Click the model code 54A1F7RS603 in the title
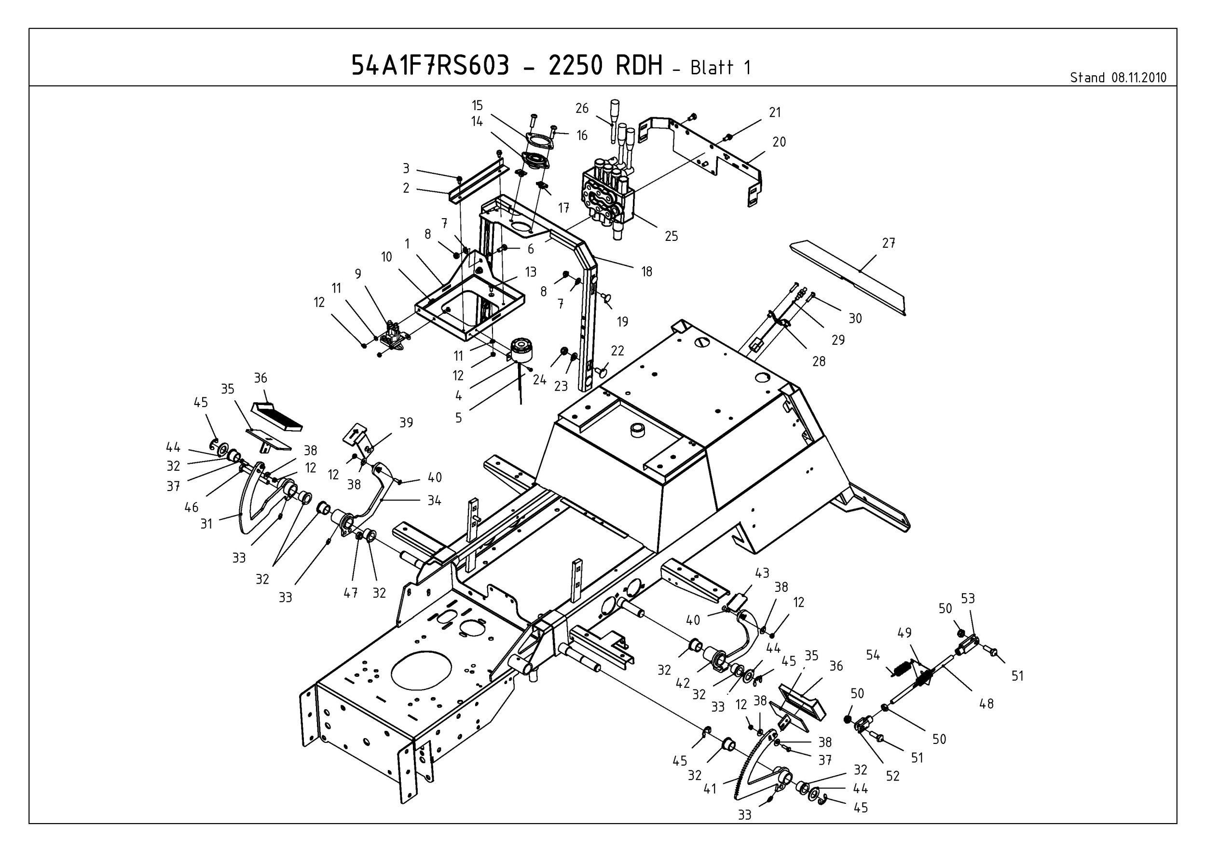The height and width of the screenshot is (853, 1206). point(430,66)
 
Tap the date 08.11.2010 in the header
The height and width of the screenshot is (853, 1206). point(1138,78)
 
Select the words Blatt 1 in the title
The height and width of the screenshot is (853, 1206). point(720,68)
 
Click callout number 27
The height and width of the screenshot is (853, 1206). point(888,243)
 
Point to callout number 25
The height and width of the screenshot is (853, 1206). point(672,236)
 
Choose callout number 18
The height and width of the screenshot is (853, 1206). point(646,271)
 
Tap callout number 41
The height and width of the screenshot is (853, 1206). point(710,788)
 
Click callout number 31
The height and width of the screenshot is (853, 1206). point(206,523)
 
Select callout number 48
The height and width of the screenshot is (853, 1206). point(987,703)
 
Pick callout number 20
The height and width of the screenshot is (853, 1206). point(779,141)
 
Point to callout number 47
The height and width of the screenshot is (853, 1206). point(350,592)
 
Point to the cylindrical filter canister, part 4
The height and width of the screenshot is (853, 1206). point(521,350)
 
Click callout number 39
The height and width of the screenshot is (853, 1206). point(406,422)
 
